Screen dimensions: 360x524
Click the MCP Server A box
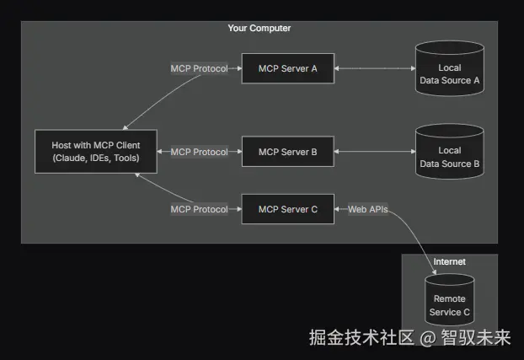click(x=287, y=68)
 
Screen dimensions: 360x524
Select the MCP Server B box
click(x=287, y=152)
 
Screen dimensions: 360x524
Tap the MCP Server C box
click(x=287, y=208)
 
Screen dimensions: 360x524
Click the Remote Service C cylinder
click(x=449, y=304)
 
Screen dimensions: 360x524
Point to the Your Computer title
click(x=259, y=29)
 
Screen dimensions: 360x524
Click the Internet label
click(x=449, y=261)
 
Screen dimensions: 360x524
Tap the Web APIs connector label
click(x=368, y=208)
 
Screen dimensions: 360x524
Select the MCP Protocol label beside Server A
click(x=199, y=68)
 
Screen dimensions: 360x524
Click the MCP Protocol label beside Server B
click(x=199, y=152)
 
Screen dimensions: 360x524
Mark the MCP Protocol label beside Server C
click(x=199, y=208)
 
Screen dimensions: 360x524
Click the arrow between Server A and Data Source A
click(x=375, y=68)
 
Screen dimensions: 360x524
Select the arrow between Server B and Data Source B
click(x=375, y=152)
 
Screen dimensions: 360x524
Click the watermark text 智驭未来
click(x=478, y=338)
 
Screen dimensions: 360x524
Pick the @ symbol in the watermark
click(x=428, y=339)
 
